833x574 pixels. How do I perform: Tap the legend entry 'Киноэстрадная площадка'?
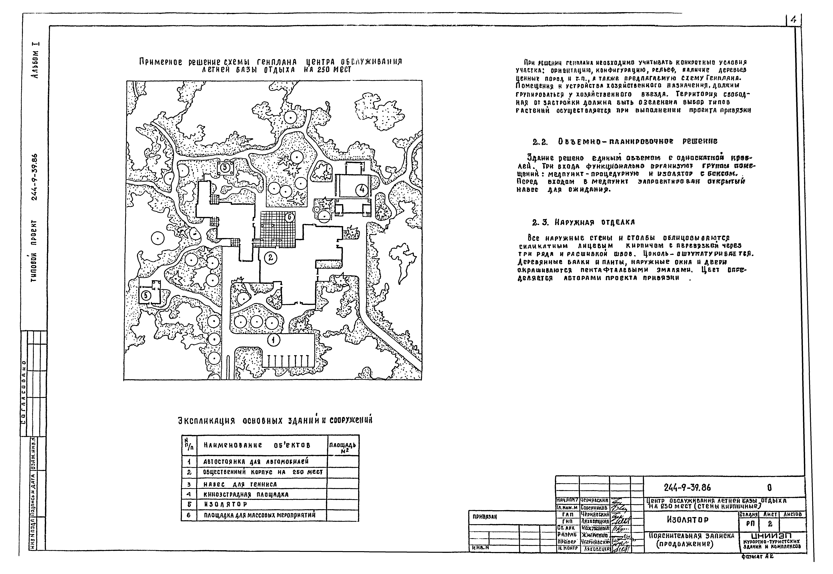[x=246, y=495]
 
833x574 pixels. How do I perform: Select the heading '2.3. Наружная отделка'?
[x=583, y=222]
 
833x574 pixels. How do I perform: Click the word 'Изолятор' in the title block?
[x=688, y=520]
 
